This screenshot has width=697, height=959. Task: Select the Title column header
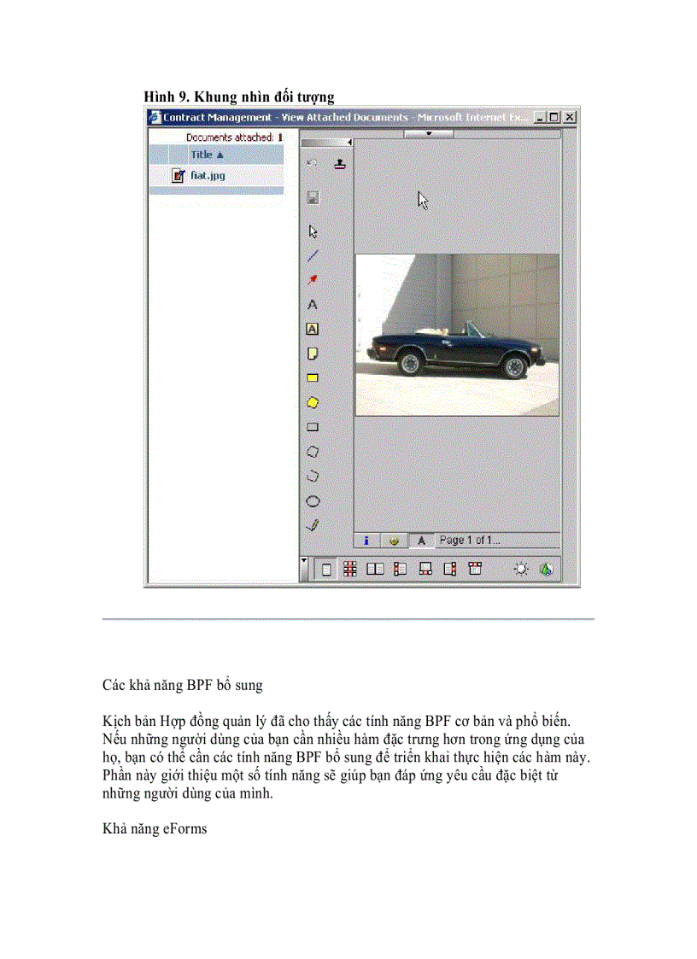click(206, 155)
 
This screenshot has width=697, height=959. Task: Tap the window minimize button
click(540, 117)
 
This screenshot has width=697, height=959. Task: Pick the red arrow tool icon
click(313, 279)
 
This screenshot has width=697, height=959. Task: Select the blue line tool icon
click(313, 254)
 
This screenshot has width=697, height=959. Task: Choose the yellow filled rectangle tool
click(313, 377)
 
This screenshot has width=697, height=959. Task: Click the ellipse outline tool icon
click(313, 501)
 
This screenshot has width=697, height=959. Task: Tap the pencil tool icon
click(313, 525)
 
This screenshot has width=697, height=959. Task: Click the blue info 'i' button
click(366, 540)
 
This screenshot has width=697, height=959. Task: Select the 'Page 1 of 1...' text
click(469, 540)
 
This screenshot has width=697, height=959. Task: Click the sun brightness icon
click(520, 570)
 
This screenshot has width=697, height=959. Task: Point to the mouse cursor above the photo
click(422, 200)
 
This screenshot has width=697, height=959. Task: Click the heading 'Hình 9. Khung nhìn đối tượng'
click(238, 96)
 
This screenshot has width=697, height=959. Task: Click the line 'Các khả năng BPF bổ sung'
click(182, 685)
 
